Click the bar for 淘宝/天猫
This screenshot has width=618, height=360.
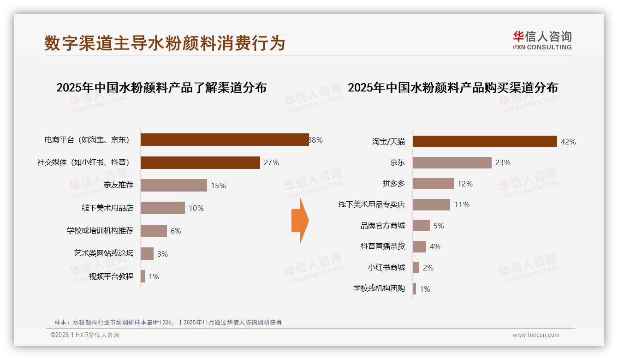pyautogui.click(x=484, y=142)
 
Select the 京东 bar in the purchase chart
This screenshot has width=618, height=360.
pyautogui.click(x=452, y=162)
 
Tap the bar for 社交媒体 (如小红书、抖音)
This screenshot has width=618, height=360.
pyautogui.click(x=200, y=162)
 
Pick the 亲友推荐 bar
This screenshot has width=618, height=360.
pyautogui.click(x=173, y=186)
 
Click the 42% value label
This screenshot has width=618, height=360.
pyautogui.click(x=568, y=142)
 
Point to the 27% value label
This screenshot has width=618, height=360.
pyautogui.click(x=271, y=162)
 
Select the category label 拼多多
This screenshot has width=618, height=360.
pyautogui.click(x=393, y=184)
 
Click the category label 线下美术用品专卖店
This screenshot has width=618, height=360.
pyautogui.click(x=371, y=204)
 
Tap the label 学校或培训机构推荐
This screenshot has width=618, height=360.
pyautogui.click(x=100, y=231)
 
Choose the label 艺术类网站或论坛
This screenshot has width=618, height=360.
pyautogui.click(x=103, y=253)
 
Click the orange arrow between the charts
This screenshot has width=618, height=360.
pyautogui.click(x=300, y=221)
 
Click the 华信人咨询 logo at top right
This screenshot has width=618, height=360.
pyautogui.click(x=542, y=40)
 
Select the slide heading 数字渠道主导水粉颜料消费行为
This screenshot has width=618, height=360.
pyautogui.click(x=165, y=43)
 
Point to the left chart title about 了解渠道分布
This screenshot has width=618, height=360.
pyautogui.click(x=161, y=88)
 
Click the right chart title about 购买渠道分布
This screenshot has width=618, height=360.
pyautogui.click(x=452, y=88)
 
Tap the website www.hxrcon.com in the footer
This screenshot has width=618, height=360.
pyautogui.click(x=536, y=335)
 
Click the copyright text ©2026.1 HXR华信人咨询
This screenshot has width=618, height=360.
pyautogui.click(x=85, y=335)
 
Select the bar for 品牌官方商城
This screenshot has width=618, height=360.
pyautogui.click(x=421, y=226)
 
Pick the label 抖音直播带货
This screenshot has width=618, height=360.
pyautogui.click(x=382, y=246)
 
